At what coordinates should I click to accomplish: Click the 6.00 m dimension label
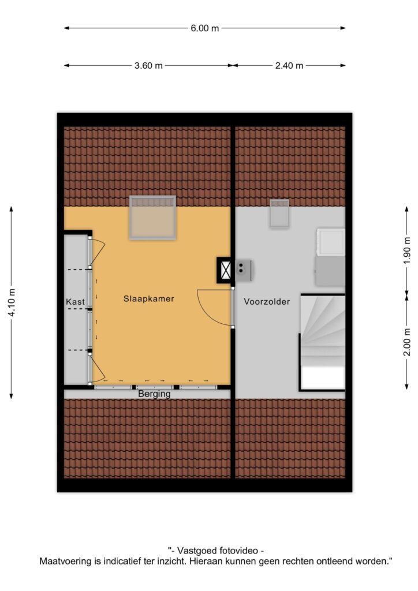[204, 28]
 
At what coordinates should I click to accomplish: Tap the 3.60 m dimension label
[148, 66]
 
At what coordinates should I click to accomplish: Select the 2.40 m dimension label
[289, 66]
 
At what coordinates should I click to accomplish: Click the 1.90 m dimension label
[406, 250]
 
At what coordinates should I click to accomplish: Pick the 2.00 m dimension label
[406, 342]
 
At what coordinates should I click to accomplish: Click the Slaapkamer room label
[149, 299]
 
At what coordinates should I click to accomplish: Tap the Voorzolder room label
[267, 301]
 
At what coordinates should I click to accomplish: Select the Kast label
[76, 301]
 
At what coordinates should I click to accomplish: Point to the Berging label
[154, 394]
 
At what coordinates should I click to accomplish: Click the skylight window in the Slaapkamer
[152, 218]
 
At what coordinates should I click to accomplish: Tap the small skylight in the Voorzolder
[279, 214]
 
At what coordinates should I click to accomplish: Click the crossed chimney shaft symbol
[225, 270]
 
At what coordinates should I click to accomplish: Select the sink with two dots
[244, 270]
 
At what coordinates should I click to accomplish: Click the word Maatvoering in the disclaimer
[66, 561]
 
